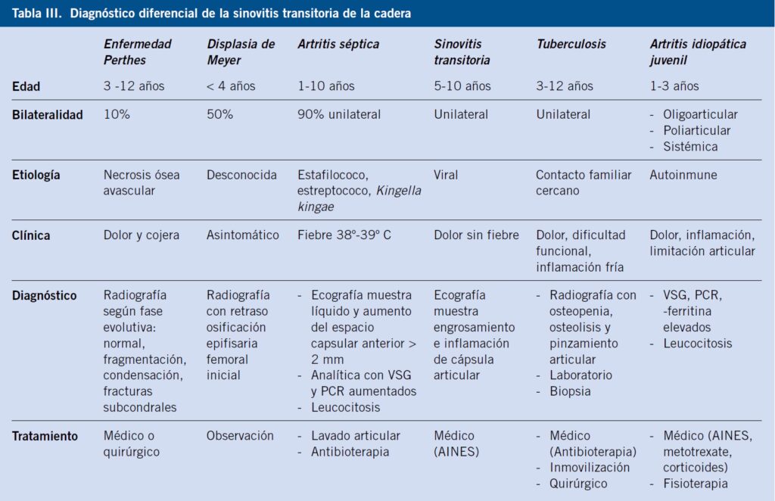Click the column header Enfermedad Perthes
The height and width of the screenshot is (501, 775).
[137, 51]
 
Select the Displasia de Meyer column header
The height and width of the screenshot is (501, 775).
[241, 51]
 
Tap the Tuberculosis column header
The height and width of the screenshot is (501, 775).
[571, 44]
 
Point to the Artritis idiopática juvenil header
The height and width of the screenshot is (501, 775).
[697, 51]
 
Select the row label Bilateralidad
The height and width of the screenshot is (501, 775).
[47, 115]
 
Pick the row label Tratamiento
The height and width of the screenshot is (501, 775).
[45, 436]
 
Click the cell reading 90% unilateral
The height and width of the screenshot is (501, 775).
[339, 115]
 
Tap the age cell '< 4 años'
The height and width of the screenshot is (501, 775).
[231, 86]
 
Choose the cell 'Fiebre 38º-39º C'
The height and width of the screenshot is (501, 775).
[344, 235]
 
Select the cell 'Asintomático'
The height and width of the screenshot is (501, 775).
[242, 235]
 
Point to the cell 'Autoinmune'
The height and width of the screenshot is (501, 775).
[683, 175]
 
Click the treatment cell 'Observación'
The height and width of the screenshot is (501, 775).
[240, 436]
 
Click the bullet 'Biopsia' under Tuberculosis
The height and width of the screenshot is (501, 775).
[570, 391]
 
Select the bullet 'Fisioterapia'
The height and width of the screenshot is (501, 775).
[695, 484]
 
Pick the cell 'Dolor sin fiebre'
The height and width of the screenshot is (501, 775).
[476, 235]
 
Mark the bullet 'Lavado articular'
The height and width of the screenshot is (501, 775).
[355, 436]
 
